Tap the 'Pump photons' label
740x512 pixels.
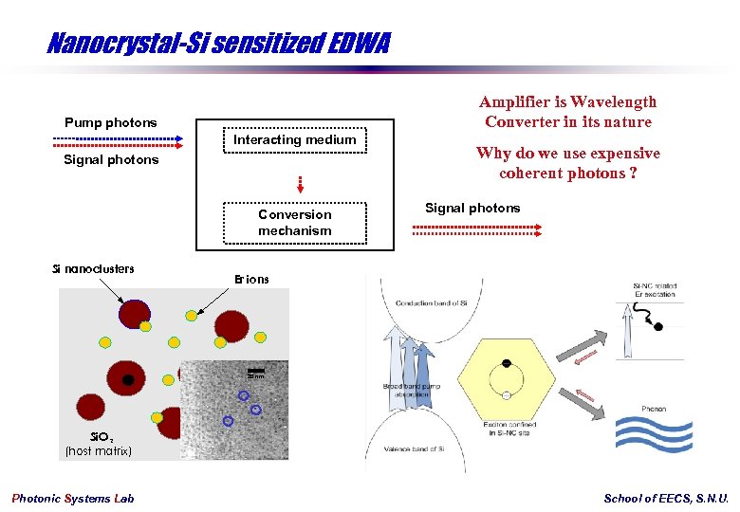(x=111, y=122)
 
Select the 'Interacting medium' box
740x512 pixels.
(x=295, y=139)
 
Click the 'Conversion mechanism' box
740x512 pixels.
(x=295, y=223)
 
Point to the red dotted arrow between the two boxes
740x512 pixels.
(x=300, y=183)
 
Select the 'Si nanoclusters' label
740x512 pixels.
(x=93, y=268)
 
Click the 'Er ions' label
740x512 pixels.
(x=251, y=279)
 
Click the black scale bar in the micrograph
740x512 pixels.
(x=255, y=370)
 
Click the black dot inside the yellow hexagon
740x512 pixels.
(x=508, y=364)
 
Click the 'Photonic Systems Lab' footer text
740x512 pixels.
(x=73, y=499)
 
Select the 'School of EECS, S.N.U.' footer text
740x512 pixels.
(x=666, y=499)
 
